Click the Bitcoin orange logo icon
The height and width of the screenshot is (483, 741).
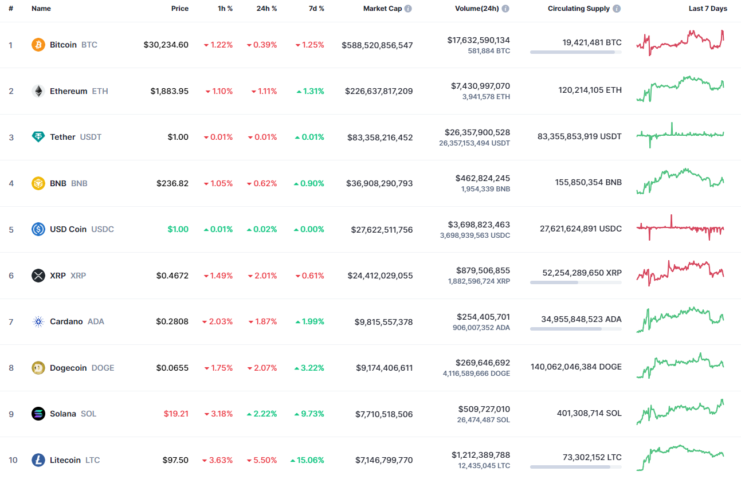[x=38, y=45]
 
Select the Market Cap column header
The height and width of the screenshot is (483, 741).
[x=382, y=9]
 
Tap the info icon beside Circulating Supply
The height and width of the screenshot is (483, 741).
[x=617, y=9]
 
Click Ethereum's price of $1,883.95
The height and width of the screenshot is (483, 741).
[x=170, y=91]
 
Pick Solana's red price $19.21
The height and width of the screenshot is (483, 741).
[x=177, y=414]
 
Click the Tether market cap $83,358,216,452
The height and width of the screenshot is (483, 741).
[x=380, y=138]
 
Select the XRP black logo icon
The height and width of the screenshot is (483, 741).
[x=38, y=276]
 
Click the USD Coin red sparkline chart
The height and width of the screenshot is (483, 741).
[x=680, y=228]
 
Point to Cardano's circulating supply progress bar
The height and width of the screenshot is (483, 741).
[x=575, y=329]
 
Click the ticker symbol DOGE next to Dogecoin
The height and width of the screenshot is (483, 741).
[x=103, y=368]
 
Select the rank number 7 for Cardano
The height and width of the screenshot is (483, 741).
[x=11, y=321]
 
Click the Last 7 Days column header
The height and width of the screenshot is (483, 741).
[x=708, y=9]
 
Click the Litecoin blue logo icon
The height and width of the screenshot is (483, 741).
[x=38, y=460]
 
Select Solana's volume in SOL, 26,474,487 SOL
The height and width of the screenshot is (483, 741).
[x=484, y=420]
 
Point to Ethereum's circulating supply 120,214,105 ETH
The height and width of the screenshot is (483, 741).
[x=590, y=90]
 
